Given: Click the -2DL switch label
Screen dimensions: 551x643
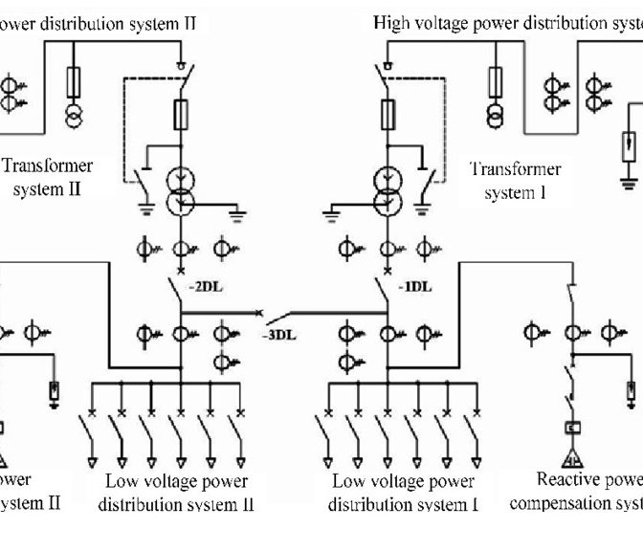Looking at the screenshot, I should (x=206, y=286).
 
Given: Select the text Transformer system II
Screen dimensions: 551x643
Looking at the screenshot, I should (x=47, y=177).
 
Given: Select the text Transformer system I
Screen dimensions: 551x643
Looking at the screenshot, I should (x=516, y=181).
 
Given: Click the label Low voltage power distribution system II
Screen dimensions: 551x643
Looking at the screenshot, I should (x=176, y=492).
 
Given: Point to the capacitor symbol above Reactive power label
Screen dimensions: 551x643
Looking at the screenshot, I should (x=574, y=429).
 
